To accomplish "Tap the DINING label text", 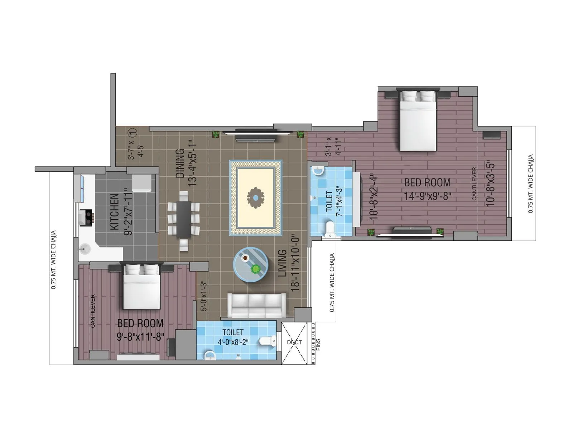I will [x=180, y=163].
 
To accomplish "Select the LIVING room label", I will [x=283, y=263].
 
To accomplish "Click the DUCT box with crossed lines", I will [x=294, y=343].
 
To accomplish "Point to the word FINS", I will [x=319, y=344].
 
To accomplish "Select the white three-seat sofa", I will [x=257, y=305].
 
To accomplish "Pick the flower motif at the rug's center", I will [x=255, y=197].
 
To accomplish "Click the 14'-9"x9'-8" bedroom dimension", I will [x=428, y=196].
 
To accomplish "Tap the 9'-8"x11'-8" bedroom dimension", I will [x=140, y=337].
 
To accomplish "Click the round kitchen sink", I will [x=85, y=248].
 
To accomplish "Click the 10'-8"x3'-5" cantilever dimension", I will [x=491, y=184].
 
